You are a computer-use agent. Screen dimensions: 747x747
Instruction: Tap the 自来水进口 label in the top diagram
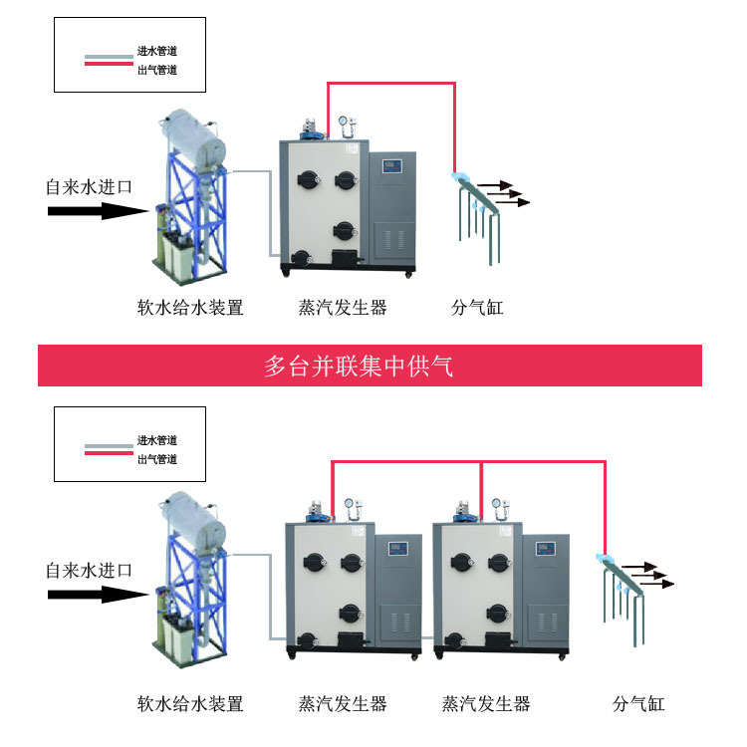click(x=89, y=186)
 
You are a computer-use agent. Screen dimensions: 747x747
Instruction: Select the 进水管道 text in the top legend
click(x=157, y=50)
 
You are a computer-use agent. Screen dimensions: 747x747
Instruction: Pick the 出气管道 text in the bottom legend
click(x=157, y=459)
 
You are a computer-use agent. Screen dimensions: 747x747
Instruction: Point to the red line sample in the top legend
click(x=109, y=64)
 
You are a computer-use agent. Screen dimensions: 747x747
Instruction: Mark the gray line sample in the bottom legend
click(x=109, y=444)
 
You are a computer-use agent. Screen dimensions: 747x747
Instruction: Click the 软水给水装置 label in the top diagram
click(x=190, y=308)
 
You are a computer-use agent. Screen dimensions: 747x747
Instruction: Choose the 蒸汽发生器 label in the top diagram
click(x=343, y=308)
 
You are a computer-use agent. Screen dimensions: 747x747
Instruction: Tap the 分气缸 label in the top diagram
click(x=477, y=308)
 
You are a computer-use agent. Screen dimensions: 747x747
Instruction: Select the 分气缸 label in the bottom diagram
click(x=638, y=704)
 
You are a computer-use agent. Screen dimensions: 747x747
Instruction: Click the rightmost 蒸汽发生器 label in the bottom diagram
click(x=486, y=704)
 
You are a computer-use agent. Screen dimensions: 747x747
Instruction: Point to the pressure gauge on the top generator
click(x=346, y=124)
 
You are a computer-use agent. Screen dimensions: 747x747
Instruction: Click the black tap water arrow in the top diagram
click(x=96, y=210)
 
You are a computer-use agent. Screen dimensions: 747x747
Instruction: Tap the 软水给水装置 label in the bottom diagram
click(x=190, y=704)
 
